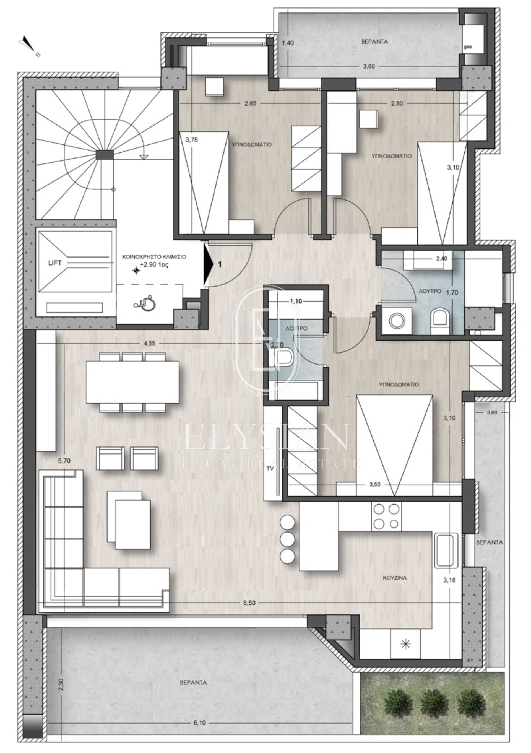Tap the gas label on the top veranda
(x=468, y=47)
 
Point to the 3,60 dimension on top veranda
(x=369, y=66)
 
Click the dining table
(x=132, y=382)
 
